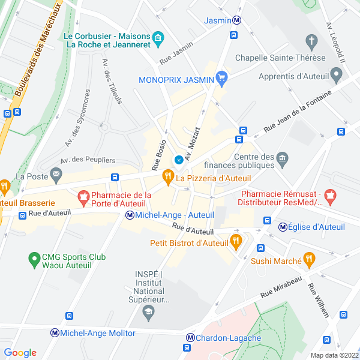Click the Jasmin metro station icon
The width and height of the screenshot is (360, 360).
[x=238, y=20]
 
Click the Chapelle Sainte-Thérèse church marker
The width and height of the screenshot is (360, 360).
[x=311, y=41]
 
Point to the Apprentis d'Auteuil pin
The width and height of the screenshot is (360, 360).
[x=336, y=76]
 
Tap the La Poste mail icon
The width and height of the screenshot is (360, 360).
[x=56, y=175]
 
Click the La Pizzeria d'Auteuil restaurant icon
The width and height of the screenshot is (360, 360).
[x=167, y=178]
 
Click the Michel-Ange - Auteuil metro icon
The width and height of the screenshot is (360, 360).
[x=130, y=215]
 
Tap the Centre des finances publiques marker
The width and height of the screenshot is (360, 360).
[x=282, y=159]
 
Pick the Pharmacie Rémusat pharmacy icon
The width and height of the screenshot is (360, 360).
[x=329, y=196]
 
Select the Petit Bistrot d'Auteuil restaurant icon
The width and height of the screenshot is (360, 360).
[x=236, y=243]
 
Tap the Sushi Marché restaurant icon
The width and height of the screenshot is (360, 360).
[x=309, y=260]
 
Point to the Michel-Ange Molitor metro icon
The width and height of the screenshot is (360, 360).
[x=55, y=332]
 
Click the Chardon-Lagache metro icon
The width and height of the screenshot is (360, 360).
[x=191, y=338]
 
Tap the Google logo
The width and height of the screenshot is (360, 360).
[x=20, y=353]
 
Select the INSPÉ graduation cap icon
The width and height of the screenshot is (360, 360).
[x=148, y=313]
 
